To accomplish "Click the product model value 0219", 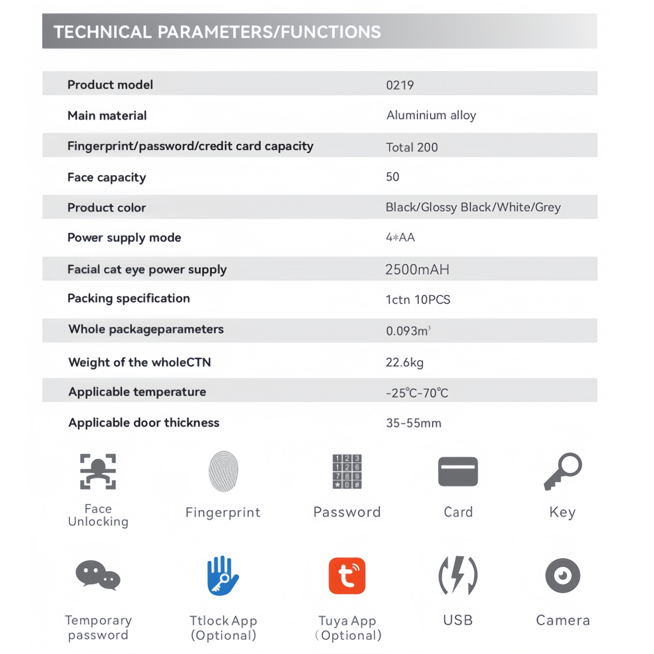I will pos(400,85).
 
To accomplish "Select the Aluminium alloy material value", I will pos(431,115).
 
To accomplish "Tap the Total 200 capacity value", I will pos(412,147).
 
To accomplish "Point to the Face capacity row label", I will pos(107,177).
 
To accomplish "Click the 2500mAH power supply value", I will pos(417,269).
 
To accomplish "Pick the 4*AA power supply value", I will pos(400,237).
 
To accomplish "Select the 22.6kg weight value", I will pos(405,363).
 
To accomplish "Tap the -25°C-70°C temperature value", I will pos(417,393).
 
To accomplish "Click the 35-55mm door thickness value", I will pos(414,423).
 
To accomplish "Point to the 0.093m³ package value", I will pos(408,331).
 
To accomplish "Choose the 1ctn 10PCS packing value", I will pos(418,299).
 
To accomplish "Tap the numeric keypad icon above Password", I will pos(347,471).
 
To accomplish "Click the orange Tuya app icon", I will pos(347,576).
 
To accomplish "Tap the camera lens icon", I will pos(563,576).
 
